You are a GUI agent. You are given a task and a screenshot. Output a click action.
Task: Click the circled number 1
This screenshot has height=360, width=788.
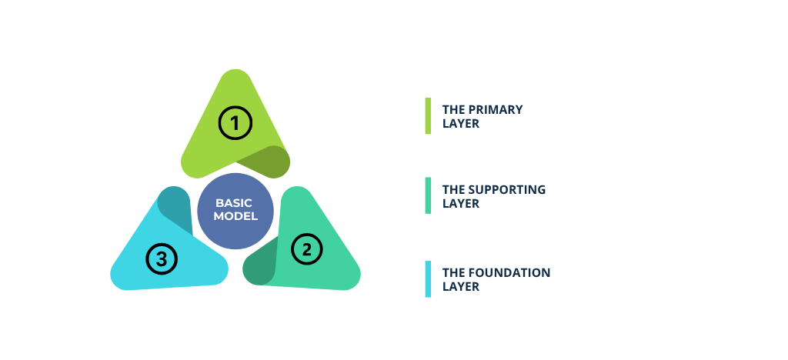(x=235, y=123)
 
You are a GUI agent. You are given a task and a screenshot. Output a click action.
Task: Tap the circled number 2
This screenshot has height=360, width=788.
(x=307, y=248)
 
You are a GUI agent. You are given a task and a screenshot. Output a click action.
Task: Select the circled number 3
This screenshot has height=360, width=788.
(x=162, y=258)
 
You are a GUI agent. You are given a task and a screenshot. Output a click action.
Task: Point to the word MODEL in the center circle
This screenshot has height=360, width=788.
(x=235, y=216)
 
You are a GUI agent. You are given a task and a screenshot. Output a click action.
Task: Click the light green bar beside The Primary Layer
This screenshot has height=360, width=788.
(x=428, y=115)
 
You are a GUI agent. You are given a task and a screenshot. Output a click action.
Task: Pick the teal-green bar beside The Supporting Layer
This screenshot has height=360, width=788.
(x=428, y=195)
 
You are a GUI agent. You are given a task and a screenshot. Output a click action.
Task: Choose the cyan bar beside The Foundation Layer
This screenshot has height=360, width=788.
(x=428, y=278)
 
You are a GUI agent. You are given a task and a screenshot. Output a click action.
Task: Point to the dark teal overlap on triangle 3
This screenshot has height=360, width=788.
(x=175, y=206)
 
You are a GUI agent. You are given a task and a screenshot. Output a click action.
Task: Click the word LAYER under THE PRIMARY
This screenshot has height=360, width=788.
(x=461, y=123)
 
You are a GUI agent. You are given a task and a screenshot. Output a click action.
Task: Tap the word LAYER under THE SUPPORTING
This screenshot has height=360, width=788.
(x=461, y=204)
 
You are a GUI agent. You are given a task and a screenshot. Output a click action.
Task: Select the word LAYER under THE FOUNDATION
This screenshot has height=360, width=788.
(x=461, y=287)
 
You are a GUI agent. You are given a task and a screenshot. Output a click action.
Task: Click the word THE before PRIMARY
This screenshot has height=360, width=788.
(x=452, y=109)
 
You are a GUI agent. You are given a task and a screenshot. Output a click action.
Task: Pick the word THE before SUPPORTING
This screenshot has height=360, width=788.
(x=452, y=189)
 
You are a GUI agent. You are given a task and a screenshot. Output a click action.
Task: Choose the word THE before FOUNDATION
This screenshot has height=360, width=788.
(x=452, y=272)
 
